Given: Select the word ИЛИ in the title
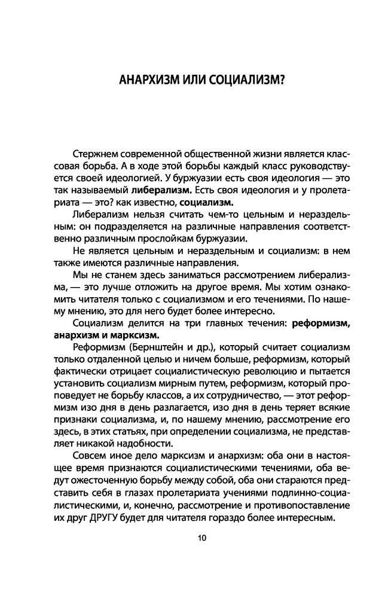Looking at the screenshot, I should point(185,80).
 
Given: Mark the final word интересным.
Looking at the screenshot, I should point(304,512).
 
